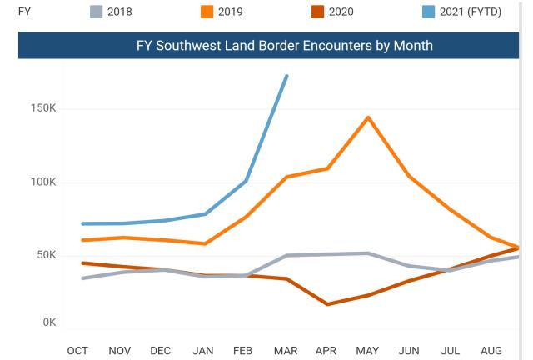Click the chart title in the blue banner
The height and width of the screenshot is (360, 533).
point(284,46)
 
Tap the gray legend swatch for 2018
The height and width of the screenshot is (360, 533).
point(96,11)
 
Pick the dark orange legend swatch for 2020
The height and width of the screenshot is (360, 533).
point(316,11)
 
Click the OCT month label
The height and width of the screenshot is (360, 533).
point(77,351)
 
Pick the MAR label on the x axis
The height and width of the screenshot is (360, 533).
point(286,351)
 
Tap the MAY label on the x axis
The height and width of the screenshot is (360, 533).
point(367,351)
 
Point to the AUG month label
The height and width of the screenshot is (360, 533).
point(492,351)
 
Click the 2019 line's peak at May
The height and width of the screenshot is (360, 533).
point(367,117)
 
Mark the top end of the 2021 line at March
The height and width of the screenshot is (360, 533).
point(286,76)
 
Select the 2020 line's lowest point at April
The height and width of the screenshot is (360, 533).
point(327,304)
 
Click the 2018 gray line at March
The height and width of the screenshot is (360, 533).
point(286,255)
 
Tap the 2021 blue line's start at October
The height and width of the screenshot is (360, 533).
point(82,223)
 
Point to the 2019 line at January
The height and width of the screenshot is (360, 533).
point(205,243)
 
